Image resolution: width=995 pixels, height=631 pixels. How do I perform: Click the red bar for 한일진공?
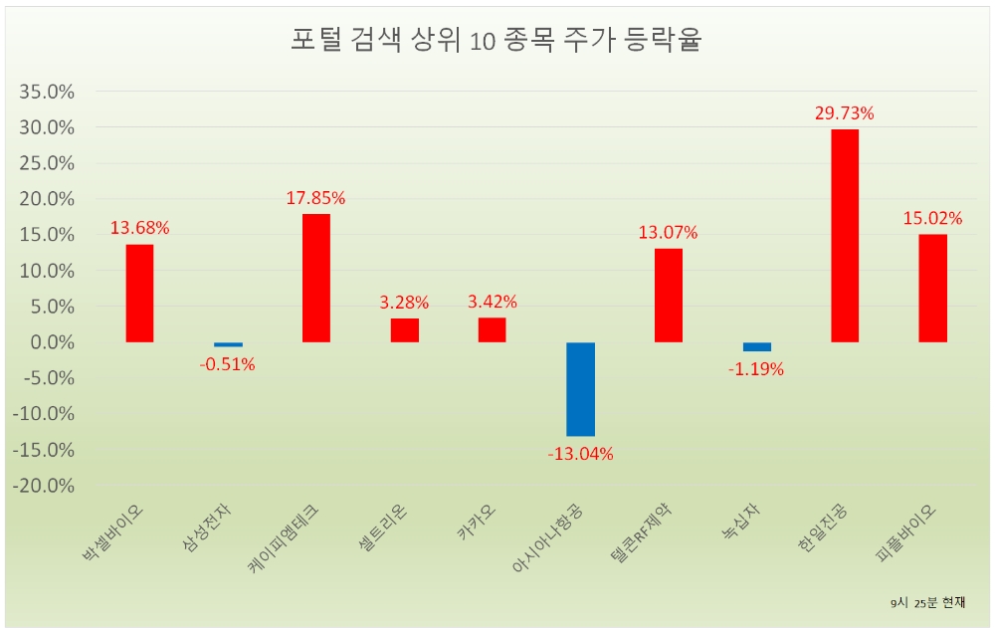pyautogui.click(x=845, y=236)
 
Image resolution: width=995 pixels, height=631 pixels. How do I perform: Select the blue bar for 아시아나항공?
pyautogui.click(x=580, y=389)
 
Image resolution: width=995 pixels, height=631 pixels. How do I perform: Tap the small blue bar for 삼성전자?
pyautogui.click(x=228, y=344)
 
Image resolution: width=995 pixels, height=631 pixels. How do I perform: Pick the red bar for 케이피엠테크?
pyautogui.click(x=315, y=279)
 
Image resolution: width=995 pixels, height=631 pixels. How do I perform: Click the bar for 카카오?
pyautogui.click(x=492, y=329)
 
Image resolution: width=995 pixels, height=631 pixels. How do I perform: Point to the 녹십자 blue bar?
pyautogui.click(x=756, y=346)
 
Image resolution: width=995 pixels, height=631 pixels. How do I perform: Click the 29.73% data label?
pyautogui.click(x=845, y=113)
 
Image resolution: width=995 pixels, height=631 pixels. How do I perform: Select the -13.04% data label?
pyautogui.click(x=580, y=455)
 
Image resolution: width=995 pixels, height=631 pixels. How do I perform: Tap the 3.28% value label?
pyautogui.click(x=404, y=302)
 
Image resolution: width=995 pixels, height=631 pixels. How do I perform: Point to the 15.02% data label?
pyautogui.click(x=932, y=218)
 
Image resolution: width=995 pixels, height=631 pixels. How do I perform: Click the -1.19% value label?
pyautogui.click(x=756, y=369)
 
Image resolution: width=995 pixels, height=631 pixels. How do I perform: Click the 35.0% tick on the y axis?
pyautogui.click(x=47, y=92)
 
